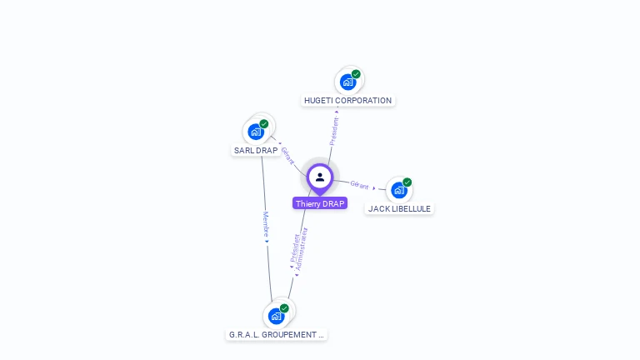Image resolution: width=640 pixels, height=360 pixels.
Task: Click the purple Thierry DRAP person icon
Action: [320, 177]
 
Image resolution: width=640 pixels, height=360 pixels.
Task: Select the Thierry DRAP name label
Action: [320, 203]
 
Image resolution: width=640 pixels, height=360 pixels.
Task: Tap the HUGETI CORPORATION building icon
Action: [347, 82]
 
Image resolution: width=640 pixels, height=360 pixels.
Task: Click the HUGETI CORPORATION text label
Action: [347, 101]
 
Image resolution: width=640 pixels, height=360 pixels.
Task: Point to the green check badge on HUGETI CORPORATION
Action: [356, 74]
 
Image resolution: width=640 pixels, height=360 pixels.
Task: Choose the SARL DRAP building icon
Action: [256, 132]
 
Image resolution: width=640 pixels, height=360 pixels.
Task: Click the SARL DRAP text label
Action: [256, 151]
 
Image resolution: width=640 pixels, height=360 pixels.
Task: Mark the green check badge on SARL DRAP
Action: [264, 124]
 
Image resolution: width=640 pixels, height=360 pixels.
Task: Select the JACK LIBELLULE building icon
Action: [398, 190]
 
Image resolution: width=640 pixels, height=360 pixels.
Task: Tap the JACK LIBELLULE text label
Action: [400, 209]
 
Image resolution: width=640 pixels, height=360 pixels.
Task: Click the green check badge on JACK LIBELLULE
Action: [407, 182]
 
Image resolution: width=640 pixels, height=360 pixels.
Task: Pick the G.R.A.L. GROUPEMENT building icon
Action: [276, 317]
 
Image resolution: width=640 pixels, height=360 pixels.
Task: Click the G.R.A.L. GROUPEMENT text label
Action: [277, 335]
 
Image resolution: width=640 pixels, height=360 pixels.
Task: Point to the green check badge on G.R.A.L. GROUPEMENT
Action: [284, 308]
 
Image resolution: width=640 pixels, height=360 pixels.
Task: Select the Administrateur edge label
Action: [302, 249]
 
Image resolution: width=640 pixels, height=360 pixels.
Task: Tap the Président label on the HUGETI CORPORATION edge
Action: [334, 131]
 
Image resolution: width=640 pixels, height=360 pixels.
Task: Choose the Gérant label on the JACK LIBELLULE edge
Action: [359, 185]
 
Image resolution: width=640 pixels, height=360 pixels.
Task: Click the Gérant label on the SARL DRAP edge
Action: [287, 155]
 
